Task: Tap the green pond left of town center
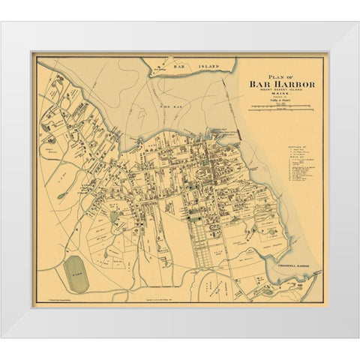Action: (114, 217)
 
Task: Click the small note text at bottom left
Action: (56, 298)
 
